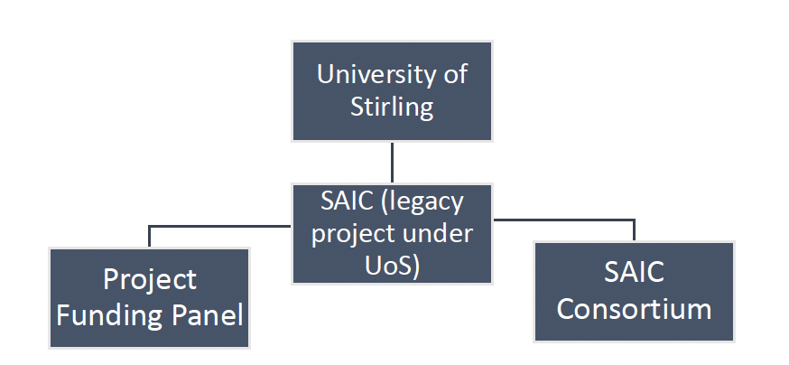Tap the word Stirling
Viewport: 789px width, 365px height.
click(x=392, y=108)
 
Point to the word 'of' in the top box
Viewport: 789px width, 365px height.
click(x=454, y=74)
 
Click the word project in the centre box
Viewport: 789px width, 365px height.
click(x=350, y=234)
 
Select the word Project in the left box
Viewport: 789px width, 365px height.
click(x=149, y=279)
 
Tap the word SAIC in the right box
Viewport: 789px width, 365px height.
click(x=634, y=272)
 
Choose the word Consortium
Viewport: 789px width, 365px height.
click(x=634, y=308)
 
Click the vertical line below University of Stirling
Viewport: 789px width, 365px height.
click(x=392, y=163)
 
